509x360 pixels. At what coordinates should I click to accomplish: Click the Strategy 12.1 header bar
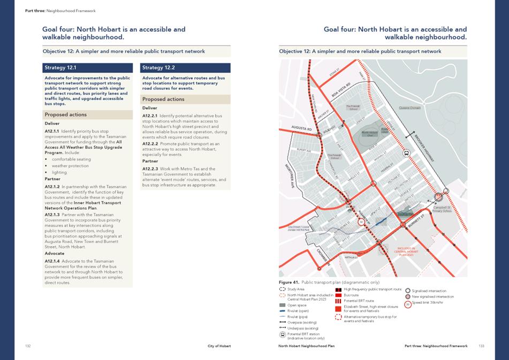click(88, 68)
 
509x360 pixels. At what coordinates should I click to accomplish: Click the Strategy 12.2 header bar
click(185, 68)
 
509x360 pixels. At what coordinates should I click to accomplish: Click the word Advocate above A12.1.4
click(55, 254)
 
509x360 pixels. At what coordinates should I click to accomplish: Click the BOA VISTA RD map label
click(341, 89)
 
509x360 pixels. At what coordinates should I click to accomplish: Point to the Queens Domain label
click(409, 108)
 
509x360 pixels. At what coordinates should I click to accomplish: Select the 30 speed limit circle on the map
click(361, 221)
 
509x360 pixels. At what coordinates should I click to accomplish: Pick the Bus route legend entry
click(351, 295)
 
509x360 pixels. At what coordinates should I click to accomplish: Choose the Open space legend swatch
click(283, 305)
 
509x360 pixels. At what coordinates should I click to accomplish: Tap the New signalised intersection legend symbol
click(409, 296)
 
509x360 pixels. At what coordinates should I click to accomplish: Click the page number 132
click(28, 346)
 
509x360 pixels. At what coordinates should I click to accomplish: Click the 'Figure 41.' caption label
click(288, 281)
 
